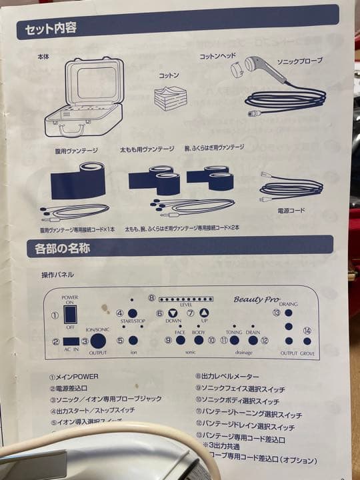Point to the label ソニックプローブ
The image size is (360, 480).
click(299, 61)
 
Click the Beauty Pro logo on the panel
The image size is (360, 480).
click(257, 300)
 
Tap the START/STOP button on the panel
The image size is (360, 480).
click(133, 313)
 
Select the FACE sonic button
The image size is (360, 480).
click(180, 340)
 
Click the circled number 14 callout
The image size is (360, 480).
click(307, 330)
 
